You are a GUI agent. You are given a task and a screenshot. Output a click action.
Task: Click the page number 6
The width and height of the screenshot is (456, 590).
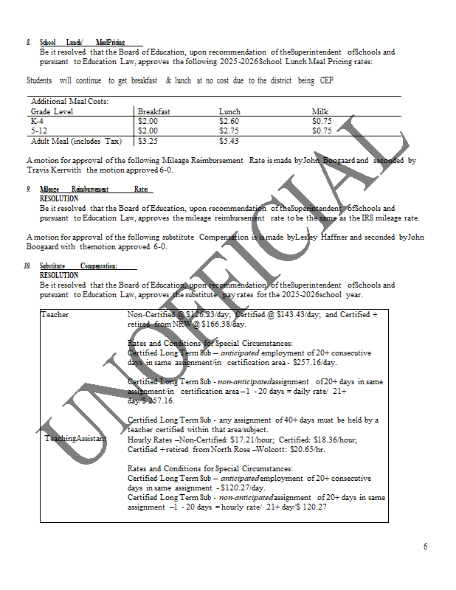(x=425, y=546)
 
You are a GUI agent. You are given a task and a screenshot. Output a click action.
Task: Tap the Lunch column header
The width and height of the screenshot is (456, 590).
(x=229, y=111)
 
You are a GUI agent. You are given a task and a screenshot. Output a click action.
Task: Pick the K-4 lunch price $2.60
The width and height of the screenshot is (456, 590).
(x=229, y=120)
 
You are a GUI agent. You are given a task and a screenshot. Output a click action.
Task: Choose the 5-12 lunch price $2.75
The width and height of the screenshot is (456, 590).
(x=229, y=131)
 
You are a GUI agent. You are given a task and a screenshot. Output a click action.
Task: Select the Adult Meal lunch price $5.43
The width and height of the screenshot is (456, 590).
(x=229, y=141)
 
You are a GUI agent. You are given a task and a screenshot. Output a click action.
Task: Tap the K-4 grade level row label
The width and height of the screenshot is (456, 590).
(x=37, y=120)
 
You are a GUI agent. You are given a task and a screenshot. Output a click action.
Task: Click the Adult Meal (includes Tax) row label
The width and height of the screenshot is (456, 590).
(x=76, y=141)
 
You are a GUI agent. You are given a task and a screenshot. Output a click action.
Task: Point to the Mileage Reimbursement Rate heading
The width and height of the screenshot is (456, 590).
(x=94, y=190)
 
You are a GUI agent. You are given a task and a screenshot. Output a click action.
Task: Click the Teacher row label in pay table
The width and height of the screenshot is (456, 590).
(x=55, y=314)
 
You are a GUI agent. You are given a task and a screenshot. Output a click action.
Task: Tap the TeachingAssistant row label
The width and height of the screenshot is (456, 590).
(x=75, y=438)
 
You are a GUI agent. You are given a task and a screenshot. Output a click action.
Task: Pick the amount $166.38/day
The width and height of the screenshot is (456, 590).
(x=222, y=324)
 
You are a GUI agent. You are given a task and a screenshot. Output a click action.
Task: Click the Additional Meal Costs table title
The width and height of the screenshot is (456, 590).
(x=70, y=101)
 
